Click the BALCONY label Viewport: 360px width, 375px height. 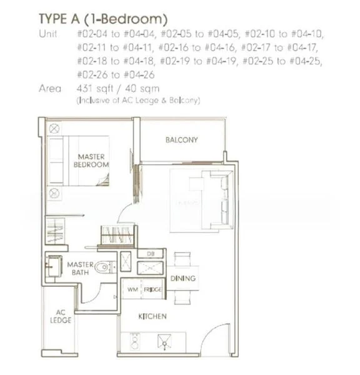[181, 140]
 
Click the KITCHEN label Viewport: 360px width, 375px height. [152, 317]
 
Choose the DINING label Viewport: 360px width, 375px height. [182, 278]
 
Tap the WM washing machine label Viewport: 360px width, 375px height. [132, 290]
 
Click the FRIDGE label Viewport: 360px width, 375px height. [152, 290]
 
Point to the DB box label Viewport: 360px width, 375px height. [150, 253]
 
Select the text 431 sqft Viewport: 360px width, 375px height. [92, 88]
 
